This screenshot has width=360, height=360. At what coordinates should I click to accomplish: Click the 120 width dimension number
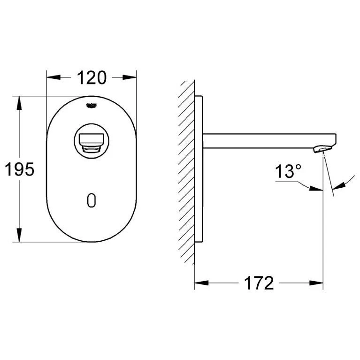pos(91,77)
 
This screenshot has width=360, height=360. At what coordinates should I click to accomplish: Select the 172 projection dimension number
pos(258,283)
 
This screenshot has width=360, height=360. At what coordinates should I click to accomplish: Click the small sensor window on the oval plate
pos(92,200)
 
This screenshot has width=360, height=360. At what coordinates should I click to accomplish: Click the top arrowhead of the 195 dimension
pos(19,102)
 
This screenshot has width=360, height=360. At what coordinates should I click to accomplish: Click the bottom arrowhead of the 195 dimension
pos(19,237)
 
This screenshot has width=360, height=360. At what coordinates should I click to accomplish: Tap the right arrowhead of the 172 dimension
pos(318,283)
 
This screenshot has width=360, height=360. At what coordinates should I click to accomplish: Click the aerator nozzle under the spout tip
pos(319,149)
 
